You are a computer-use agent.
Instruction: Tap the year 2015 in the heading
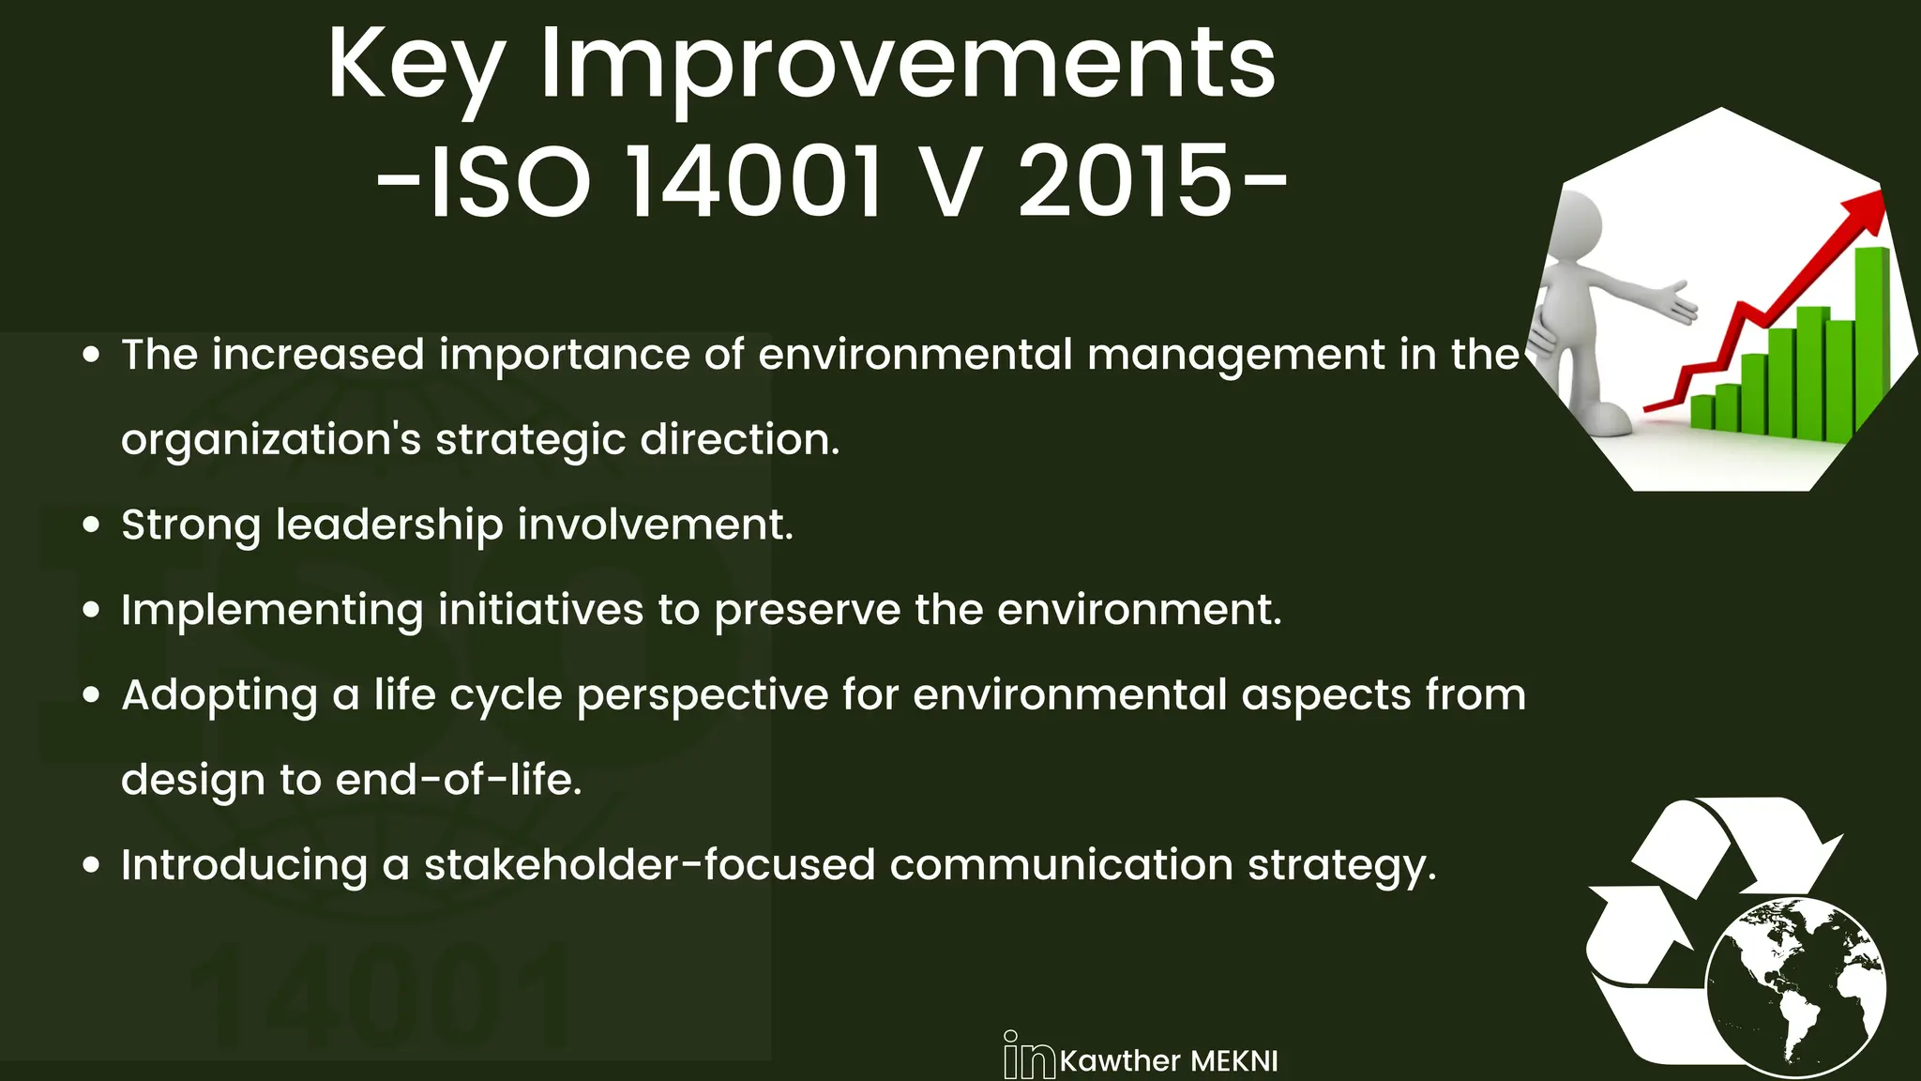coord(1124,181)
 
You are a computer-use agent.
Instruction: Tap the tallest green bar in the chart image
coord(1872,338)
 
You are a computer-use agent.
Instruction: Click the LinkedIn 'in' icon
coord(1028,1057)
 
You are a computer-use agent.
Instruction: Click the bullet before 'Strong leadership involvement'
coord(91,525)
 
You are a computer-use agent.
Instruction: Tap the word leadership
coord(389,525)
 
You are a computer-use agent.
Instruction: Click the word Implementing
coord(272,611)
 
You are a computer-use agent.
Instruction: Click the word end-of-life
coord(459,780)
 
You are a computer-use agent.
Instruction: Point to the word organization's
coord(271,441)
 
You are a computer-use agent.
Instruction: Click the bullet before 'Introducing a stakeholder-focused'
coord(91,865)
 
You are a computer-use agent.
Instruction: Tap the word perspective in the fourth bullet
coord(703,696)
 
